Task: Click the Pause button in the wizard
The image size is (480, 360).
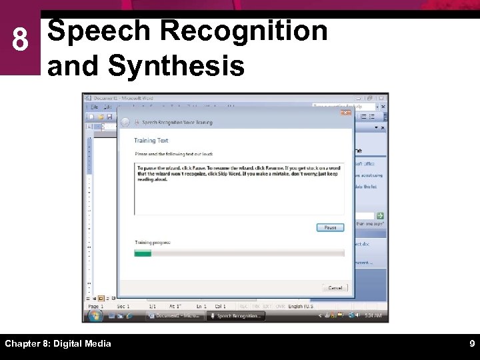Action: [x=330, y=228]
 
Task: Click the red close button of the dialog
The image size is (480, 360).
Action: [x=345, y=112]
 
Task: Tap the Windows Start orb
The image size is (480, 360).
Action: [x=94, y=315]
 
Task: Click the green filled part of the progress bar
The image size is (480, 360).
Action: [x=143, y=253]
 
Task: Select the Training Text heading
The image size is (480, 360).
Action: [x=151, y=141]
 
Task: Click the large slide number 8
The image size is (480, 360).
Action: [x=20, y=41]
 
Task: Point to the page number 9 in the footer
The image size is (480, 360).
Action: [x=471, y=344]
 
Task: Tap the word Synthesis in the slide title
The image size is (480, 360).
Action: [x=175, y=66]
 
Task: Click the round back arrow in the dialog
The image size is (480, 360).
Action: [x=125, y=123]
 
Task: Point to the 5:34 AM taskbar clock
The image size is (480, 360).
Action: [x=371, y=315]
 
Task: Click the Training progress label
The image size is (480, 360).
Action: [x=153, y=243]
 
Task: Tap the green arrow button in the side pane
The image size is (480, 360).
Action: [x=380, y=216]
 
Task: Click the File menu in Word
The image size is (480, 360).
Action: [x=95, y=107]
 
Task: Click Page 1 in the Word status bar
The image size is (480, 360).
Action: [x=95, y=306]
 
